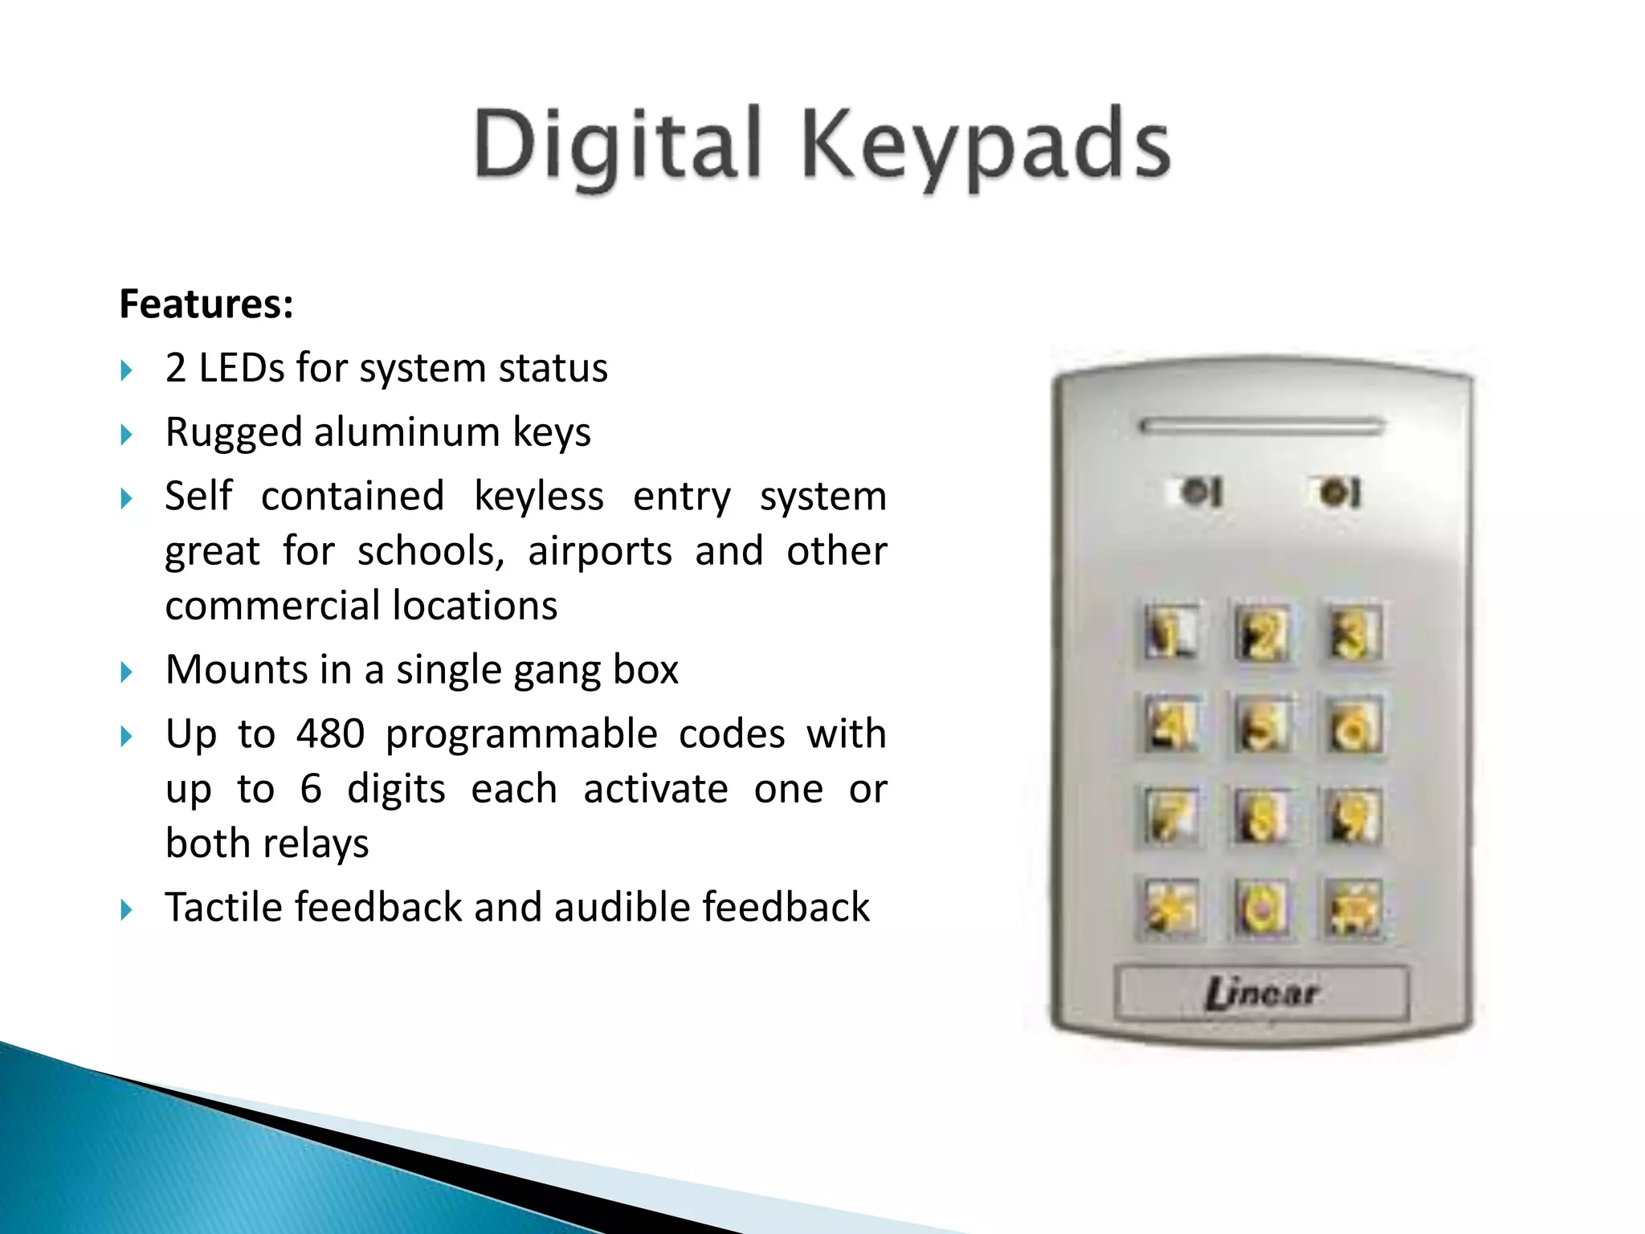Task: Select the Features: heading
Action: (x=206, y=304)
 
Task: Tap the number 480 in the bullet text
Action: (x=330, y=733)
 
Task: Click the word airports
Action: (x=599, y=551)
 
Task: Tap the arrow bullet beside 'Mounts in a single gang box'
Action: (x=126, y=672)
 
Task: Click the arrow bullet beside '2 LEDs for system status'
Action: (x=126, y=370)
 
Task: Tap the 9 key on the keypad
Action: (x=1353, y=817)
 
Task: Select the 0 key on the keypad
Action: (x=1261, y=909)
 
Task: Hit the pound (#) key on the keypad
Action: (x=1353, y=909)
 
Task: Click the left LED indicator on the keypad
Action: (x=1198, y=492)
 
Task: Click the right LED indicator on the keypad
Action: (x=1337, y=492)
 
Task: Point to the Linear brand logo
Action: (x=1261, y=994)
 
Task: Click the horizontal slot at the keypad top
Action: (x=1261, y=426)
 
